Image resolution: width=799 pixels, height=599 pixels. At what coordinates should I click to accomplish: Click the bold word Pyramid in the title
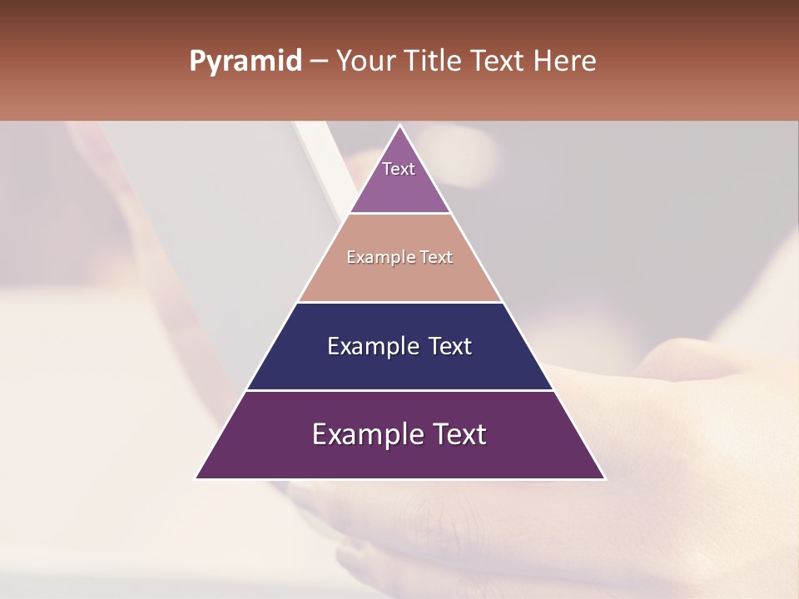point(245,62)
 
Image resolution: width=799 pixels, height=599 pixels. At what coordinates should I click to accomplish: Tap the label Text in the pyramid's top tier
point(399,169)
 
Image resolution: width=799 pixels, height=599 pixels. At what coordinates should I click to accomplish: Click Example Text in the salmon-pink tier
point(399,257)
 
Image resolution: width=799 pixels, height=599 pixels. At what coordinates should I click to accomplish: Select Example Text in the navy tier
point(399,346)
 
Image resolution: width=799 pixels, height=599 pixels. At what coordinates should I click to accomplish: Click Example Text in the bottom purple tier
point(399,434)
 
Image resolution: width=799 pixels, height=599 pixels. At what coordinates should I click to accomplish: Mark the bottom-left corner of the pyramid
point(196,478)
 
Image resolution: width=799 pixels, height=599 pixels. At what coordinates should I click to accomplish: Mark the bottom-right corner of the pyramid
point(603,478)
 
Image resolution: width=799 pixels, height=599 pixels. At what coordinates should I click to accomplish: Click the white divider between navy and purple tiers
point(399,390)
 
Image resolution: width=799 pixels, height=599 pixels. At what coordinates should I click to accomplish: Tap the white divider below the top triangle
point(399,214)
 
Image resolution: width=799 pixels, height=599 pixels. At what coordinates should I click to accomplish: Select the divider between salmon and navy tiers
point(399,302)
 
